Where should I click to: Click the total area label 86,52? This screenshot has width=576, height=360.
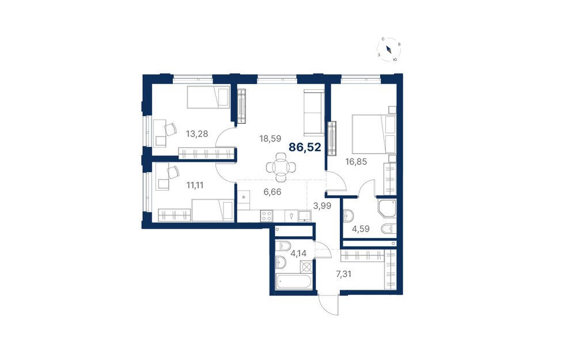tap(305, 147)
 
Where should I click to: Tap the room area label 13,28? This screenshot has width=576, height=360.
tap(197, 134)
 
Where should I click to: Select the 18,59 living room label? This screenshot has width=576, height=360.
tap(270, 138)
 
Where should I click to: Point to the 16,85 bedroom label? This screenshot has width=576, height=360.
tap(355, 161)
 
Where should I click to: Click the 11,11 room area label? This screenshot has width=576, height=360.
tap(195, 185)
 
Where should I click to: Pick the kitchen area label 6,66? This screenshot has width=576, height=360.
tap(272, 192)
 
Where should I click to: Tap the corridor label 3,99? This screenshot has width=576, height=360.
tap(322, 206)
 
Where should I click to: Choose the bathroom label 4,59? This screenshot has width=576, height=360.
tap(361, 229)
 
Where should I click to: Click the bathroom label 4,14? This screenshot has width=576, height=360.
tap(298, 253)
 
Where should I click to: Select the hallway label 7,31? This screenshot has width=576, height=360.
tap(343, 274)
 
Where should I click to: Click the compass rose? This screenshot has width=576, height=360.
tap(389, 50)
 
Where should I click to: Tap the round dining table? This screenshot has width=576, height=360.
tap(281, 168)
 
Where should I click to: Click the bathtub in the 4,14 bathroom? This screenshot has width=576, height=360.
tap(294, 282)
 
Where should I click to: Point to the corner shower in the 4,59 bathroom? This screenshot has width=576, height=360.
tap(387, 209)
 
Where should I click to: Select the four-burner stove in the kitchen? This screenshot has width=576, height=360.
tap(267, 215)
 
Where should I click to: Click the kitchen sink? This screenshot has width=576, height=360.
tap(305, 215)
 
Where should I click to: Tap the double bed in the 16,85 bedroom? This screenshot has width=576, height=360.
tap(374, 134)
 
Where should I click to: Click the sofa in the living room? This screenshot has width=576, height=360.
tap(314, 112)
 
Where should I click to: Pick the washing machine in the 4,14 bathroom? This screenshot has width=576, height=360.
tap(306, 266)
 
